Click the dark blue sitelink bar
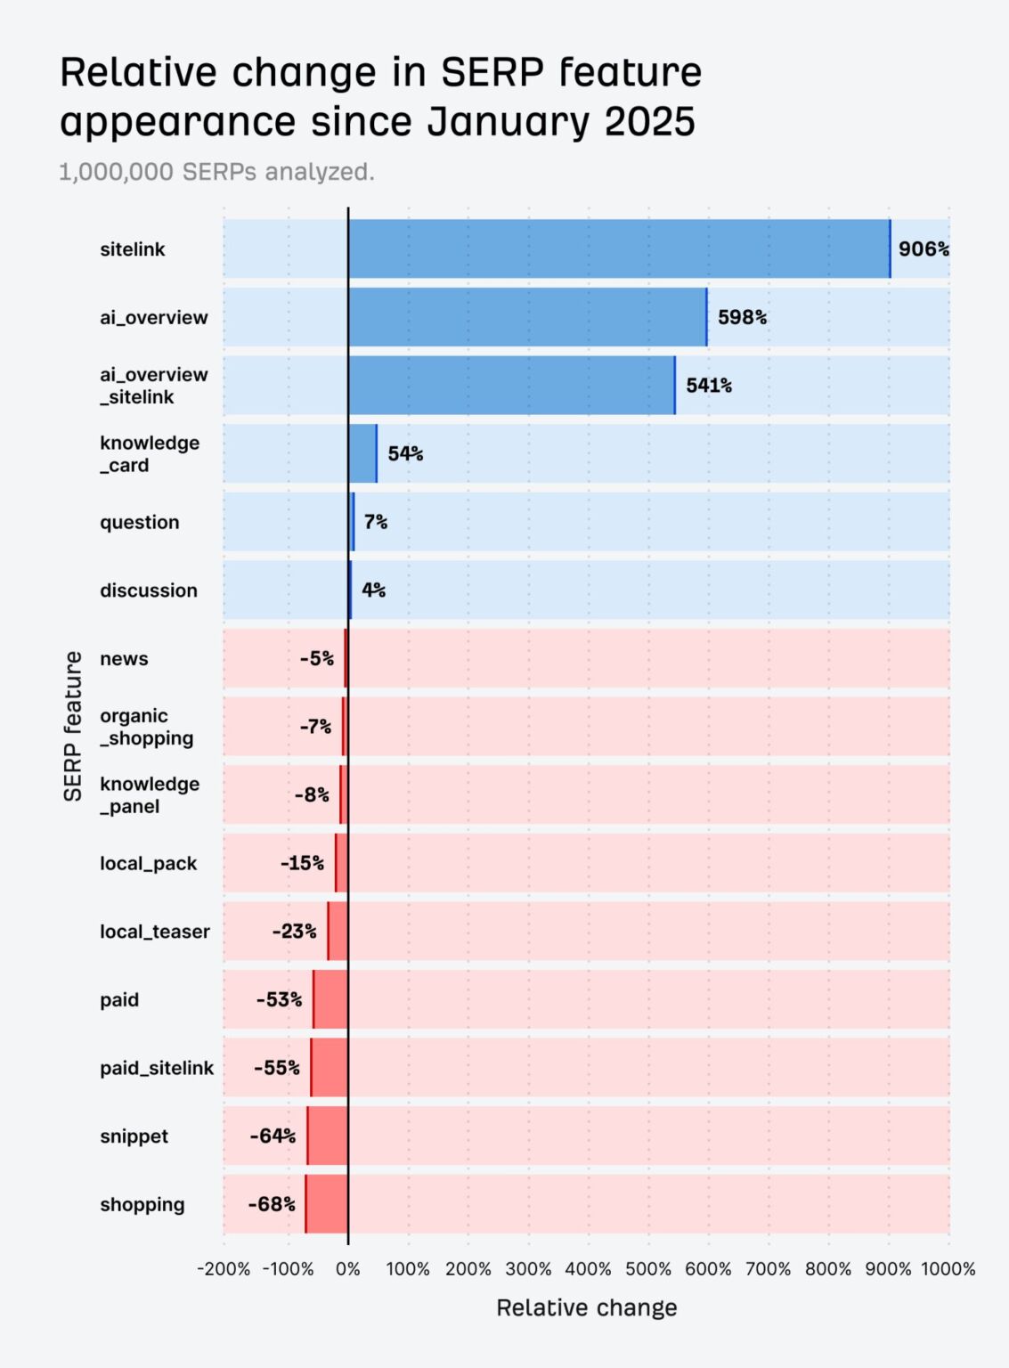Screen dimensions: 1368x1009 point(619,249)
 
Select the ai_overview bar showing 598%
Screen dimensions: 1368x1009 point(527,317)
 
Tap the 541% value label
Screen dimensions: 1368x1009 point(709,386)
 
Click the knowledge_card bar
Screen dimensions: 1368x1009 point(362,453)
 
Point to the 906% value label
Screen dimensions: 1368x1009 point(923,249)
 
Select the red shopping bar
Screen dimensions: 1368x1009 point(327,1204)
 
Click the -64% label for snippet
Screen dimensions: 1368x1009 point(273,1136)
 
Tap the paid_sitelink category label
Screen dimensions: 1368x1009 point(157,1068)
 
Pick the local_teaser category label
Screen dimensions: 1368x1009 point(155,932)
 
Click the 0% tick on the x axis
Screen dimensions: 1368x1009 point(348,1269)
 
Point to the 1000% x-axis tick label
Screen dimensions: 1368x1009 point(948,1269)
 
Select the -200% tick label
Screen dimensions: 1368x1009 point(224,1269)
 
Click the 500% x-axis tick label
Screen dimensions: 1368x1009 point(648,1269)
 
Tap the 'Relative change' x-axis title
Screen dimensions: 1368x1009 point(586,1307)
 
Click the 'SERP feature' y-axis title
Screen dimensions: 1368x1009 point(73,726)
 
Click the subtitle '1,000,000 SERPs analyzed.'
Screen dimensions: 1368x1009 point(216,172)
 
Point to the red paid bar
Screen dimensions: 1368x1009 point(330,999)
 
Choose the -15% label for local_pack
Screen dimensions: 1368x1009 point(302,863)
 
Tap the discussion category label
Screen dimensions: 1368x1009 point(149,590)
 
